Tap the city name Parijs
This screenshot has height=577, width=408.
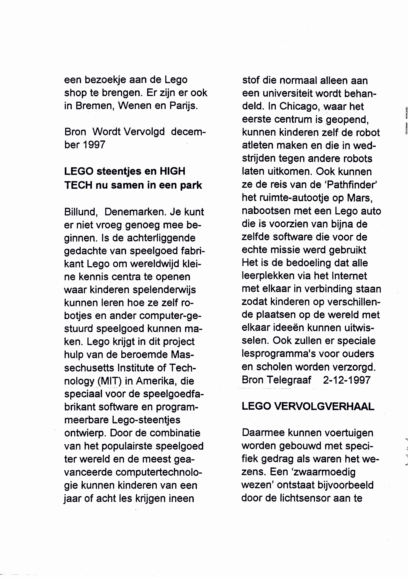(184, 106)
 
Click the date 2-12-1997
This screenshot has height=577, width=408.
(347, 380)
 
